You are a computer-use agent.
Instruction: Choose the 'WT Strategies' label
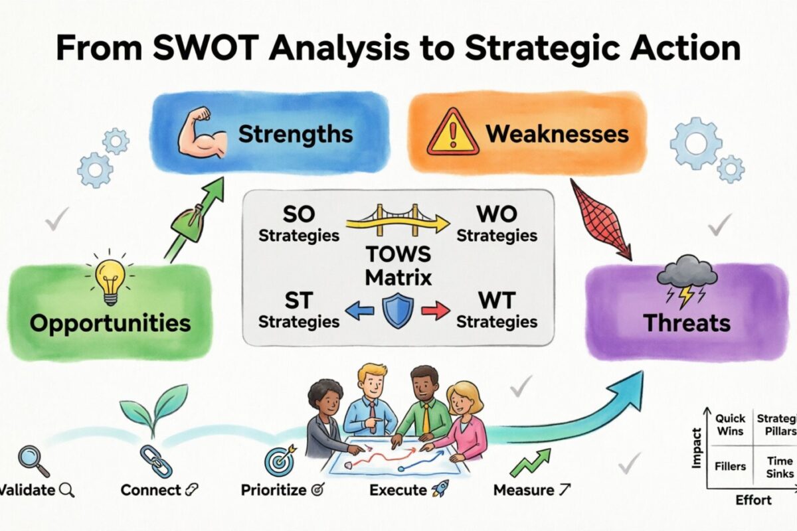coord(497,311)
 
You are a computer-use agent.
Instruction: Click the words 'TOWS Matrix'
coord(398,265)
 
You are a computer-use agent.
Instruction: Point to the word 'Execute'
coord(397,491)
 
